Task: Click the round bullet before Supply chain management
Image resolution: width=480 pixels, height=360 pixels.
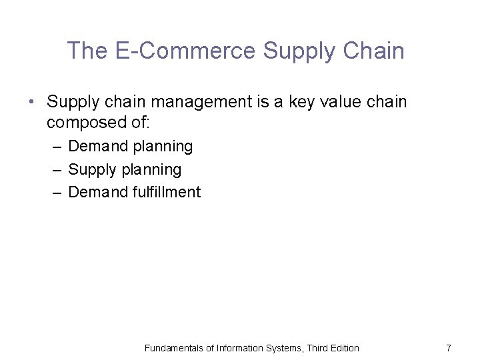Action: pyautogui.click(x=32, y=103)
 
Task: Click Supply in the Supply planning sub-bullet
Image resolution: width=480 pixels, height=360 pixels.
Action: pyautogui.click(x=91, y=170)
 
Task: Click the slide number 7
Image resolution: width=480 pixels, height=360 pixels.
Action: pyautogui.click(x=449, y=348)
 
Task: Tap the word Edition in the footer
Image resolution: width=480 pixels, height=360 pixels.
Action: pyautogui.click(x=345, y=348)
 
